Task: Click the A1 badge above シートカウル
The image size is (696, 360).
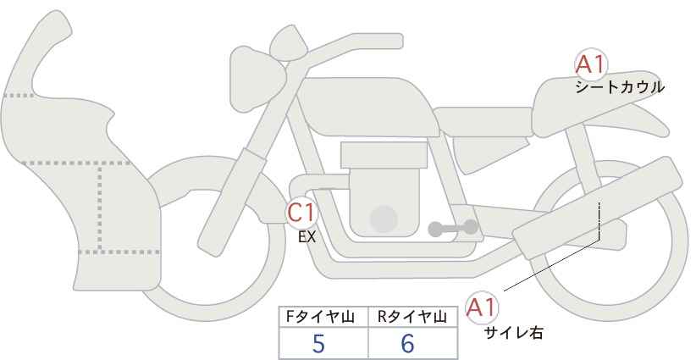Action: coord(590,65)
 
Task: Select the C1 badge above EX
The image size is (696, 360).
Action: coord(301,212)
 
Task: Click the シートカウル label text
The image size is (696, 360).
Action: coord(619,86)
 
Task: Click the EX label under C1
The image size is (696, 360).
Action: coord(307,238)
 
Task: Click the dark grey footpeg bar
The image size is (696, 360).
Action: coord(452,228)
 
